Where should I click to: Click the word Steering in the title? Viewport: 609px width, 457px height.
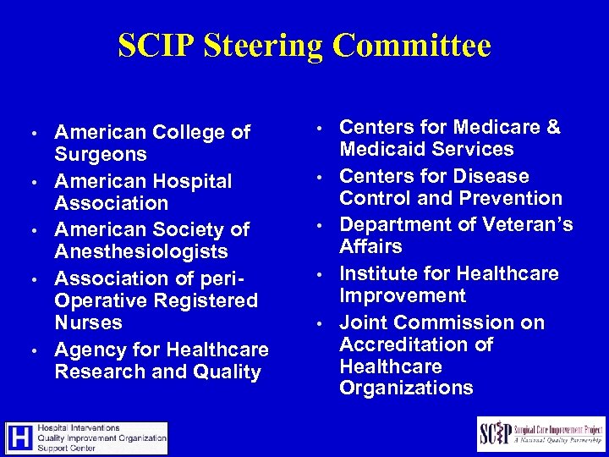coord(253,47)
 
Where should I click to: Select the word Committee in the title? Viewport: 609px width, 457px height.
coord(412,46)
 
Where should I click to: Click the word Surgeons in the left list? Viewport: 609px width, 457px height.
coord(101,155)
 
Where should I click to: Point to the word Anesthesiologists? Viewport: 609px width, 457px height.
coord(141,252)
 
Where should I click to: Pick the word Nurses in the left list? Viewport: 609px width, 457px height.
coord(89,323)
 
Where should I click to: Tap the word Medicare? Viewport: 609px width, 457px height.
coord(498,128)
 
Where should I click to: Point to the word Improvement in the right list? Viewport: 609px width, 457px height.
coord(403,296)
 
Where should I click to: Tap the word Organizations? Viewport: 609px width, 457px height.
coord(406,388)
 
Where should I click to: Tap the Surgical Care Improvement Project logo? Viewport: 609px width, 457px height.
coord(540,433)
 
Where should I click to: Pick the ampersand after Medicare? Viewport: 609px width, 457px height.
coord(553,128)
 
